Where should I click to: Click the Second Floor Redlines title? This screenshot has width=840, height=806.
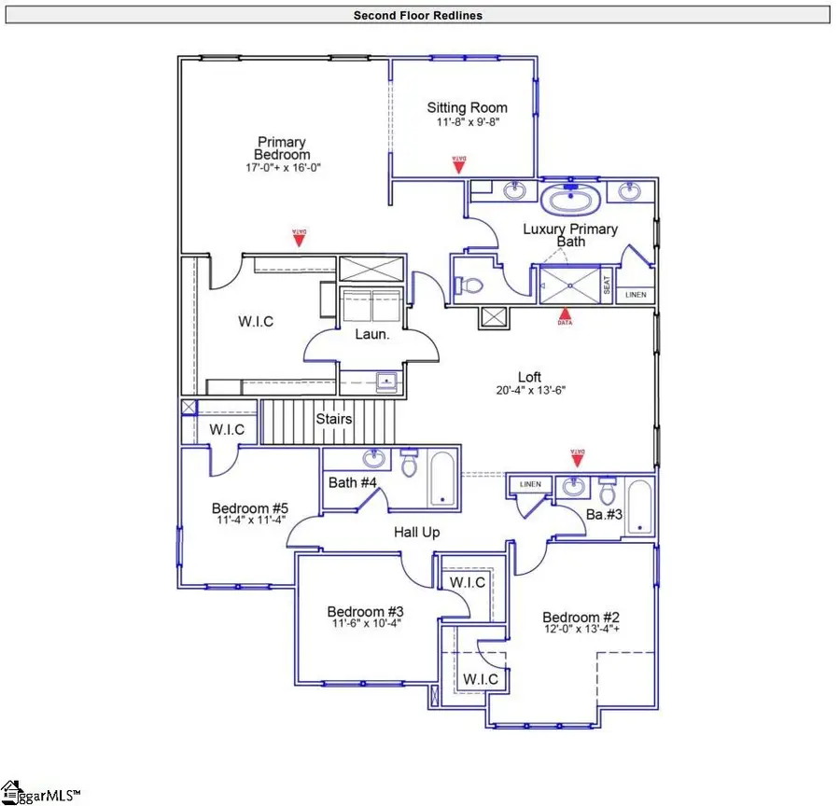click(x=417, y=15)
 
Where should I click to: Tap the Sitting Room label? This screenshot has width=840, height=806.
click(x=467, y=107)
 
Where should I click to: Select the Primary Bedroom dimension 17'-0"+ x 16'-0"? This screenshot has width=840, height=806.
click(x=282, y=168)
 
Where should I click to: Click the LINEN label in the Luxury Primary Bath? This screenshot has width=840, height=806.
click(x=635, y=295)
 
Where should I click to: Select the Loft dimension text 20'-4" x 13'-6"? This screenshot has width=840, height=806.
click(x=530, y=391)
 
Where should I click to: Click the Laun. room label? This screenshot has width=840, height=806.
click(x=371, y=334)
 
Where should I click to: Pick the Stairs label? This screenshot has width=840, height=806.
click(x=333, y=419)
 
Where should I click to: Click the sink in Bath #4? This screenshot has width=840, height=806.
click(x=374, y=459)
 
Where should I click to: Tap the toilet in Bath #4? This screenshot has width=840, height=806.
click(x=409, y=464)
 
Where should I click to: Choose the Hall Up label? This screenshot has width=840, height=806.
click(x=416, y=532)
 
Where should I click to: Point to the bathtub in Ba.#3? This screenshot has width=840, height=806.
click(x=638, y=507)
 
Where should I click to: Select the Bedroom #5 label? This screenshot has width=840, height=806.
click(x=243, y=508)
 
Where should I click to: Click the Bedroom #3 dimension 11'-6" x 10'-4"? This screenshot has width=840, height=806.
click(x=364, y=625)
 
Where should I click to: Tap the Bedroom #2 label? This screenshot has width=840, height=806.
click(x=570, y=618)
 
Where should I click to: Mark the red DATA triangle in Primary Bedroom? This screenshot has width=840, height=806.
click(x=299, y=239)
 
